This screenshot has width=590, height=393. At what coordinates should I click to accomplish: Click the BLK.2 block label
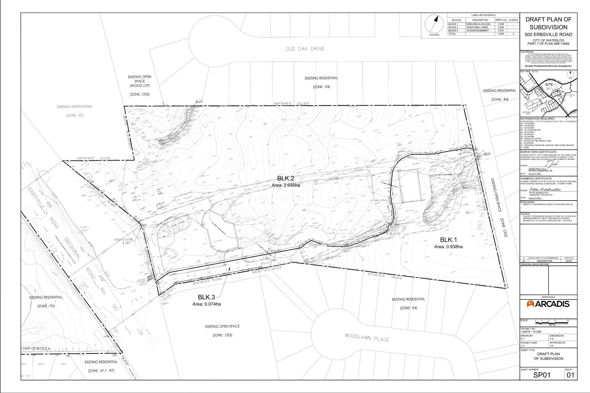point(285,178)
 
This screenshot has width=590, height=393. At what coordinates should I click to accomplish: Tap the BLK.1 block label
point(448,240)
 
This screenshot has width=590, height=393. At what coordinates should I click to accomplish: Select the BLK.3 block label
point(206,297)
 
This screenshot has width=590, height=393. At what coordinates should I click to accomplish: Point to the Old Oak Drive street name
point(305,49)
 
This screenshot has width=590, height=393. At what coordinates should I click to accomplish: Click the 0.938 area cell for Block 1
point(501,24)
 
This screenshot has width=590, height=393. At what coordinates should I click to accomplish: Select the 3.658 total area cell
point(501,34)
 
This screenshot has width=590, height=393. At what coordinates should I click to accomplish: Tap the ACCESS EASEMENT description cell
point(478,31)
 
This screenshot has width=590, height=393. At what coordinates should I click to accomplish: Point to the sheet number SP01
point(542,375)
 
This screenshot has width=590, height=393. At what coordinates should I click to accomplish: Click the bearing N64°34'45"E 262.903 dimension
point(291,103)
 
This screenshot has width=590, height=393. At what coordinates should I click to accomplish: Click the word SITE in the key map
point(549,85)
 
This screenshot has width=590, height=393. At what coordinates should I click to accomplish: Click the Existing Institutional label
point(75,107)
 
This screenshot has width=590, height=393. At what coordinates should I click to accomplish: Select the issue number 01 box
point(570,375)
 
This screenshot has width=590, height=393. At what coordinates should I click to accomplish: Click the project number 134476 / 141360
point(531,331)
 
